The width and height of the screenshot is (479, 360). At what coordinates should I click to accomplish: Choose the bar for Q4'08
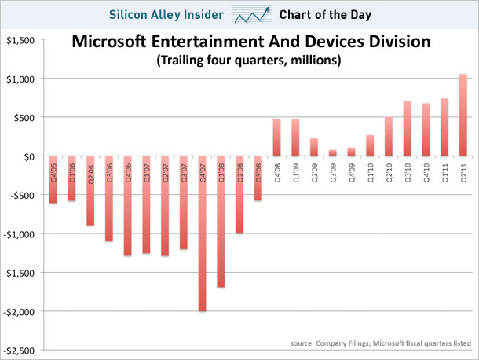pyautogui.click(x=277, y=138)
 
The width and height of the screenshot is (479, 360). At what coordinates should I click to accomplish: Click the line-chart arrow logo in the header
pyautogui.click(x=253, y=14)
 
